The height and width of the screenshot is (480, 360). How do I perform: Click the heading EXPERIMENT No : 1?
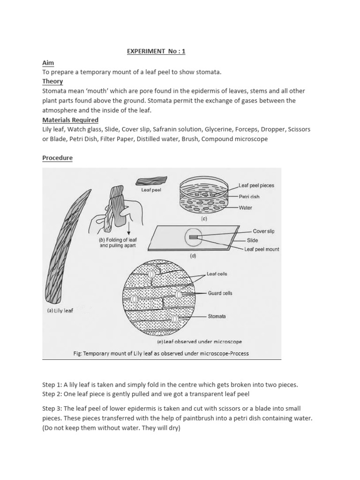156,52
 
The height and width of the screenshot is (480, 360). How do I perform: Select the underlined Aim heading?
48,62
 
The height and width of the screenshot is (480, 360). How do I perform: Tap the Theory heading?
52,82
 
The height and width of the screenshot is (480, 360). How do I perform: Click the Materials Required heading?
70,120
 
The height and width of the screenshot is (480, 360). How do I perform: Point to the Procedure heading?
57,158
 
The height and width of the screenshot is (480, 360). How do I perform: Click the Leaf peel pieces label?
256,186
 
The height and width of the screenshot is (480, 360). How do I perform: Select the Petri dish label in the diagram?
249,197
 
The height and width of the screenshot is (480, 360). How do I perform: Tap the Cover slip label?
263,232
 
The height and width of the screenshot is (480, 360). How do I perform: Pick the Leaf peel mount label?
262,249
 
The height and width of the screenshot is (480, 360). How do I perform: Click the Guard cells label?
220,293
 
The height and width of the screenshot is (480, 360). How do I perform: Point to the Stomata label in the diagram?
217,316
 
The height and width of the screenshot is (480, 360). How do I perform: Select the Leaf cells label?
217,274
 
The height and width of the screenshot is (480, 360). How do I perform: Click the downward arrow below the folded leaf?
128,229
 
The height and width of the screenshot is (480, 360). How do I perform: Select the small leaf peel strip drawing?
148,181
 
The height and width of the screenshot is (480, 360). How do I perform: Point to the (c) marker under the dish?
204,219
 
